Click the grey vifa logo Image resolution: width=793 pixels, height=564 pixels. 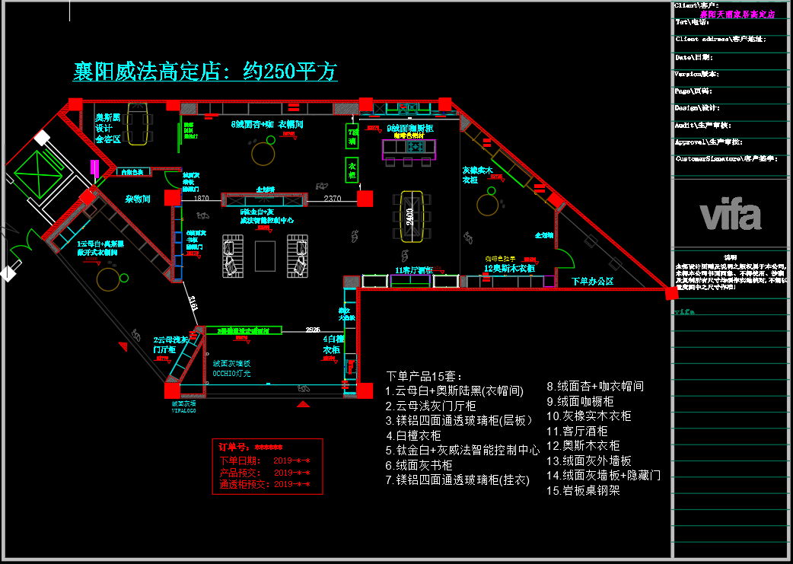731,214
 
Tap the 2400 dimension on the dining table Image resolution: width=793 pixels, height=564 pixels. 410,215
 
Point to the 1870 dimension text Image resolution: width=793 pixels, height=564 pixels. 201,199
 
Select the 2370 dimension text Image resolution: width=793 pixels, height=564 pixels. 332,199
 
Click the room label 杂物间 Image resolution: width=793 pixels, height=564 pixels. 138,199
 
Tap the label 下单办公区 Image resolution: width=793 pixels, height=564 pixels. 592,281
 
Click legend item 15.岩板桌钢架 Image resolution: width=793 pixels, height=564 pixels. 583,491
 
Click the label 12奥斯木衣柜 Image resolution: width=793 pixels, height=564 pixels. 509,268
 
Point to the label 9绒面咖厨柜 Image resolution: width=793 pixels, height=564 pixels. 410,128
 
